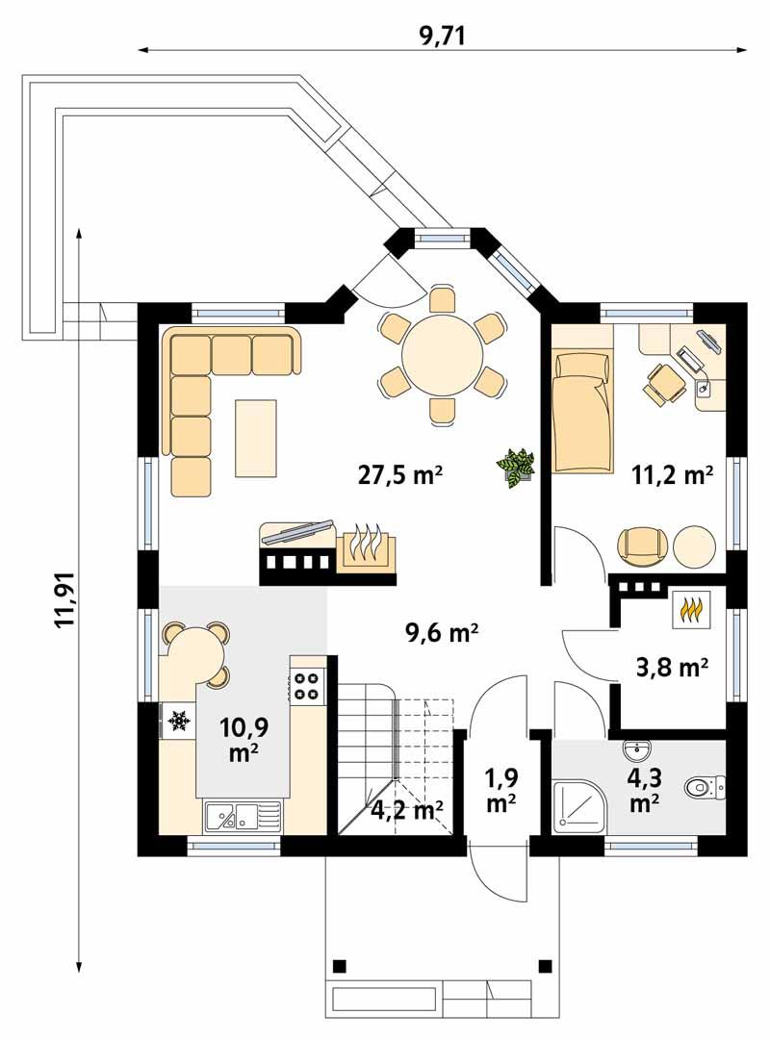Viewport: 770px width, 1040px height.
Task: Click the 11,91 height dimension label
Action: [65, 601]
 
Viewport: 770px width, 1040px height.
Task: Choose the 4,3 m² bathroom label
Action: [644, 791]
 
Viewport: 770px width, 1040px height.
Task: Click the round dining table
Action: [442, 354]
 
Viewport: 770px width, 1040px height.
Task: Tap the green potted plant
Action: [517, 467]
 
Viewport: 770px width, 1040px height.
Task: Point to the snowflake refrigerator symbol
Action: [178, 720]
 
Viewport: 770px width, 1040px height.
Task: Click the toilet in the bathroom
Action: [701, 787]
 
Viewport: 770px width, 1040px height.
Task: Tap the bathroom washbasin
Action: [637, 749]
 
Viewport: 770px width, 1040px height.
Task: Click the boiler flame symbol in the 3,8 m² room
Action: [690, 609]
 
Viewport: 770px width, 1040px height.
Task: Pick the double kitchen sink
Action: [241, 819]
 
